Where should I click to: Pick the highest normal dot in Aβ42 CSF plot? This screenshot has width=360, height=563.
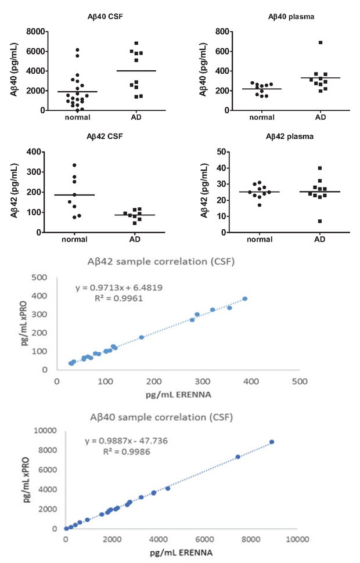tap(74, 165)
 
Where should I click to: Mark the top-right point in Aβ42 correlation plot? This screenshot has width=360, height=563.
tap(244, 299)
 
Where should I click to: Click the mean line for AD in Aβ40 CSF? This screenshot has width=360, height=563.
tap(136, 71)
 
